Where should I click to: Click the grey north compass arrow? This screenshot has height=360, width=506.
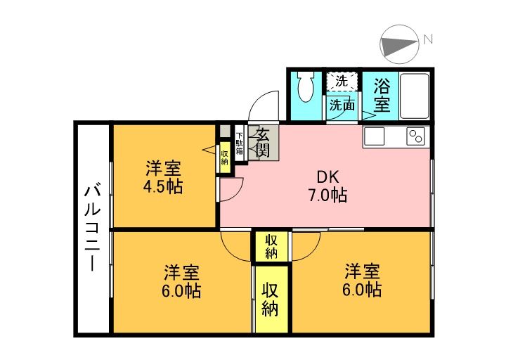click(398, 43)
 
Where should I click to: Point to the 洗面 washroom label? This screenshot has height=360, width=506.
click(342, 105)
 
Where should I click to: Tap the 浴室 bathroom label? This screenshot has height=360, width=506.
click(382, 95)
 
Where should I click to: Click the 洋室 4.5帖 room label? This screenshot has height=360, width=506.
click(163, 178)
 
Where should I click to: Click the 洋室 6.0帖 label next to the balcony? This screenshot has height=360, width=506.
click(183, 281)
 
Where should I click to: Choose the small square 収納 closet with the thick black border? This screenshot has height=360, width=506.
click(271, 245)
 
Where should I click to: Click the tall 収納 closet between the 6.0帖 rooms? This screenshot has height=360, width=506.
click(271, 299)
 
